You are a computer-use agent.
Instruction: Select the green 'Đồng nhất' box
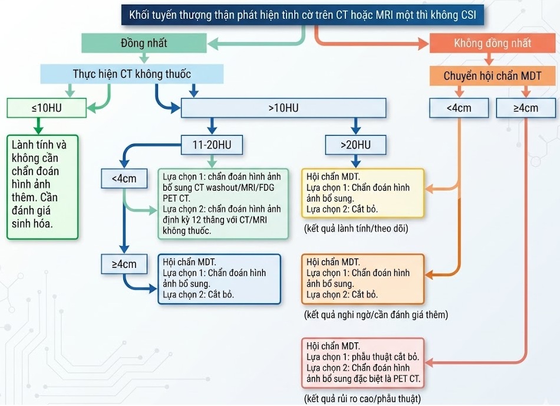[x=144, y=43]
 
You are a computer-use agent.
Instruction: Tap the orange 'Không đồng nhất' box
[x=492, y=43]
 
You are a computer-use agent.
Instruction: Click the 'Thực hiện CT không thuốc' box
[x=132, y=74]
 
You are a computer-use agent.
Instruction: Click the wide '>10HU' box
[x=283, y=108]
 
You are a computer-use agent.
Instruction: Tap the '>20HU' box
[x=355, y=145]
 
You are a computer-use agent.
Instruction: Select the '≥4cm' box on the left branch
[x=124, y=264]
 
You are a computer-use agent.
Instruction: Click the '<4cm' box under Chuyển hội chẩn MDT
[x=459, y=108]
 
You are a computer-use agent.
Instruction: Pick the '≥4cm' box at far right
[x=526, y=108]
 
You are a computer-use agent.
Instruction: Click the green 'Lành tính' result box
[x=42, y=186]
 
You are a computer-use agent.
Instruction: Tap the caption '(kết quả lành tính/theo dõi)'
[x=355, y=228]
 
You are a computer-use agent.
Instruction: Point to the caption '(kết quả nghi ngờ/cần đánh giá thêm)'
[x=375, y=315]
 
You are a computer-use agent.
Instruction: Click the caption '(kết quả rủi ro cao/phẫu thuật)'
[x=363, y=399]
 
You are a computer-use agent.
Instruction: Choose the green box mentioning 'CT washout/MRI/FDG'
[x=223, y=204]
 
